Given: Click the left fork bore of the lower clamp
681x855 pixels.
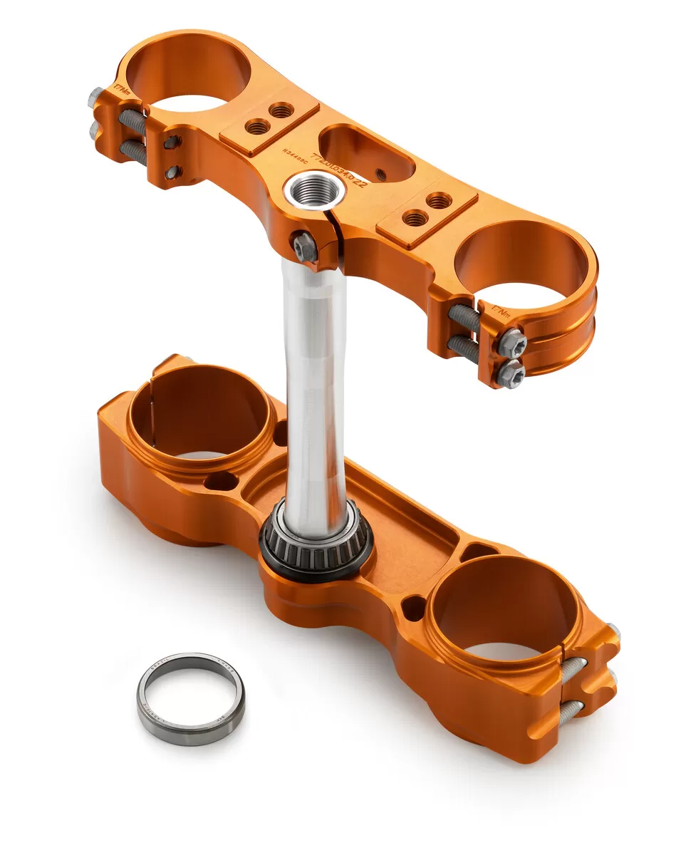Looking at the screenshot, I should coord(201,413).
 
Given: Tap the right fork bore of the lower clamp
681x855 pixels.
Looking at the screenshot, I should coord(504,606).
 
